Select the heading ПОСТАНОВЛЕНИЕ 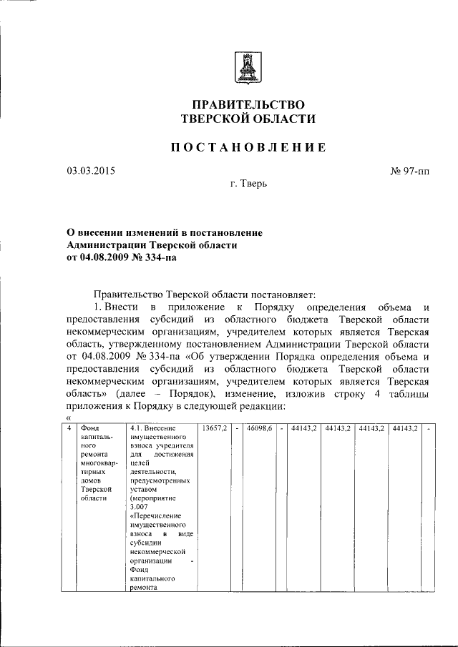248,147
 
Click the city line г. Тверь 248,184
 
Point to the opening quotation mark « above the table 68,419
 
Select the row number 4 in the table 67,429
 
